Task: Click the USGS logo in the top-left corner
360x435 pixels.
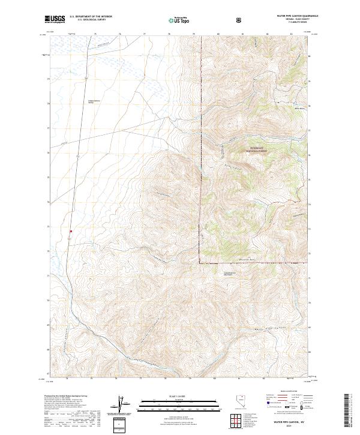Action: point(54,20)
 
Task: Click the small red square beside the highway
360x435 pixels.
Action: point(71,231)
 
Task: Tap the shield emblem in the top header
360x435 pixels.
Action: point(240,20)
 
